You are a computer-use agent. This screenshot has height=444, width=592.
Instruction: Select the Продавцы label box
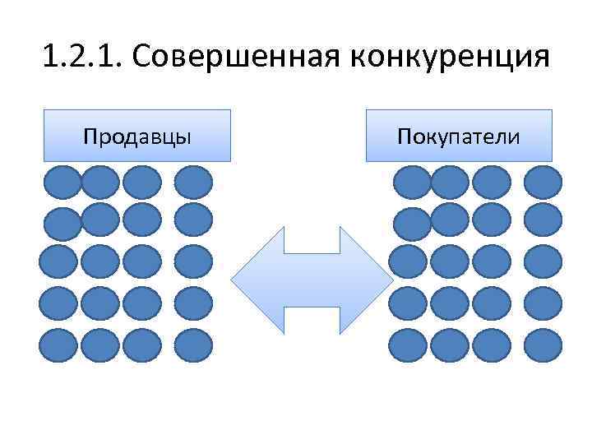pos(137,135)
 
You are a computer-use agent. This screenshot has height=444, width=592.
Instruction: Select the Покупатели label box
pos(459,135)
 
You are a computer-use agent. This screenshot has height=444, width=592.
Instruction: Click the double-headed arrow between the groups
pos(312,280)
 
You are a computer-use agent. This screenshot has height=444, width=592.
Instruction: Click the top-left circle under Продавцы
pos(62,182)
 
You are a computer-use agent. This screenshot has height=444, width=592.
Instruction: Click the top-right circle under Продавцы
pos(194,182)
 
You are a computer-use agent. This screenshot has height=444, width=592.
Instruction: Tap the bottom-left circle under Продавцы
pos(59,345)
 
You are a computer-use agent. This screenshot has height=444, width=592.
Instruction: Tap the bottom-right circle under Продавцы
pos(194,345)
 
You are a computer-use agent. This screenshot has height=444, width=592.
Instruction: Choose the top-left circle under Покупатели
pos(410,182)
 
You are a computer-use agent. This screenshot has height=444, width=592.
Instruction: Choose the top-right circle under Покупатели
pos(543,182)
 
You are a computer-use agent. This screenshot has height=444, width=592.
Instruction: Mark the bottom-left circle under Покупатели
pos(408,345)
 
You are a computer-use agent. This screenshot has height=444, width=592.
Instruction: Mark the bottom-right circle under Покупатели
pos(543,345)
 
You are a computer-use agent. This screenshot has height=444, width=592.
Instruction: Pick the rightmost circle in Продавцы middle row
pos(194,261)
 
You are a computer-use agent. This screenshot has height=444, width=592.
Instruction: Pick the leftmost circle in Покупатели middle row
pos(408,261)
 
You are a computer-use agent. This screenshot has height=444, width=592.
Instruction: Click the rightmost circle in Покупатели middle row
pos(543,261)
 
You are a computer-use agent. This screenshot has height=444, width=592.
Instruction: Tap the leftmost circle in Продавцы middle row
pos(59,261)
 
